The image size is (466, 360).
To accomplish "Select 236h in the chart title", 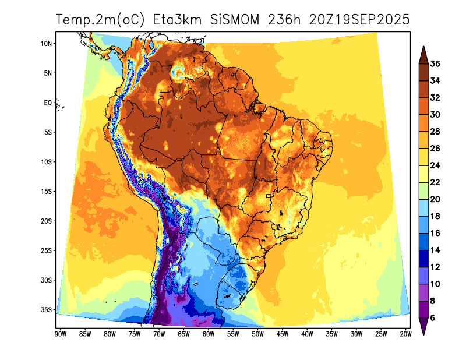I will tap(284, 19).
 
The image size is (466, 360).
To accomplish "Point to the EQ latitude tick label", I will tap(48, 103).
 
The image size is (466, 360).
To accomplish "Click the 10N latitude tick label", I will tap(47, 43).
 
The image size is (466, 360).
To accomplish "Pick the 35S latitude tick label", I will tap(47, 309).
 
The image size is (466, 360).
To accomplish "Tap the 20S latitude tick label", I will tap(47, 221).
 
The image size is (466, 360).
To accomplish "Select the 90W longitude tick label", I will tap(59, 334).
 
